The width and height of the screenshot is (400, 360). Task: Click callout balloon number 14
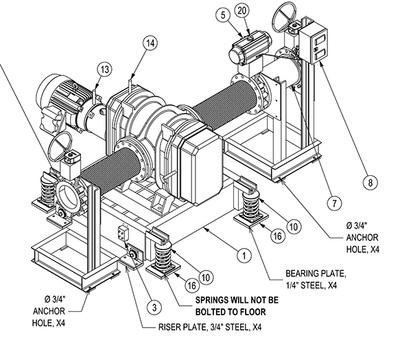pyautogui.click(x=149, y=43)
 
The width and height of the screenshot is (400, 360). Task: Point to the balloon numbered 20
pyautogui.click(x=241, y=11)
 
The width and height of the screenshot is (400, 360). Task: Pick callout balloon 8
pyautogui.click(x=369, y=183)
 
